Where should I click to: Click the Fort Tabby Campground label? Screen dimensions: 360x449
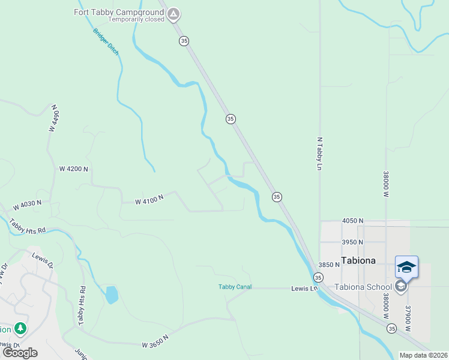point(119,12)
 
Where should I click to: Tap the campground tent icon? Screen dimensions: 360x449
point(173,13)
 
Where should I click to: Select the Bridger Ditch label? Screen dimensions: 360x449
point(106,43)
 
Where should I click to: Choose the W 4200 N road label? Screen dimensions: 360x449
point(73,169)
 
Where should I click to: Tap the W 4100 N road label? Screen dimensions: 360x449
point(149,198)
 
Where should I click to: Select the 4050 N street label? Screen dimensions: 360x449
point(352,221)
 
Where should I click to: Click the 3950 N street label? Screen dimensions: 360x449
point(352,242)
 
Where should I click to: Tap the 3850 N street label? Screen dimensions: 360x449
point(329,265)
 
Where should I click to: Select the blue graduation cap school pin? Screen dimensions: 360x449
point(406,266)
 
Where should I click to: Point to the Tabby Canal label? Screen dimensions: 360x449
point(233,287)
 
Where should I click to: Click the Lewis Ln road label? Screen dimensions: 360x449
point(304,288)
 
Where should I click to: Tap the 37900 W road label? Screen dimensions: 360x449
point(408,318)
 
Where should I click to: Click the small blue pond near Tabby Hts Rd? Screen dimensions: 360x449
point(112,295)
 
